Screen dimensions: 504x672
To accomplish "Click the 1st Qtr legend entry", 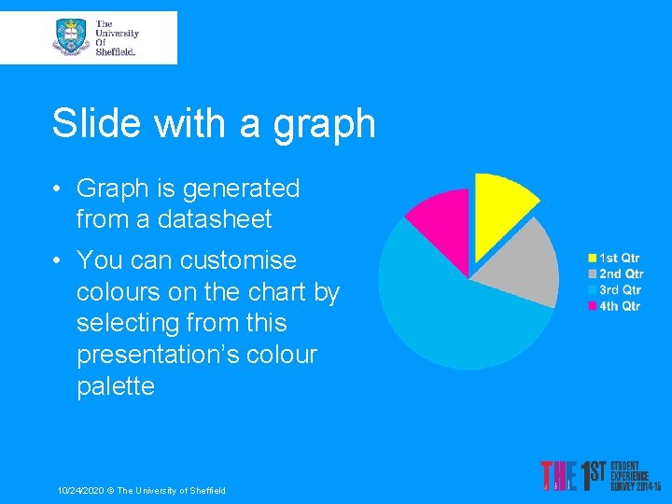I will click(613, 258).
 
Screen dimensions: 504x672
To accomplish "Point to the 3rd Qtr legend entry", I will click(614, 289).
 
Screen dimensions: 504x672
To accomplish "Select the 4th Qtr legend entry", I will click(614, 305).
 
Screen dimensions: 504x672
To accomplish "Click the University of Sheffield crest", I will click(71, 36).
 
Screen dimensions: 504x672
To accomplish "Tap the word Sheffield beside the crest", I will click(116, 52).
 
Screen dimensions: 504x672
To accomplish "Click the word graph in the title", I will click(324, 123).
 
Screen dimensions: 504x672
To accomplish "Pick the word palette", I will click(115, 385).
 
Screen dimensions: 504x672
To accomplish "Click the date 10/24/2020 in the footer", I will click(79, 490).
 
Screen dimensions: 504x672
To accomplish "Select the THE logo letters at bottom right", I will click(558, 476).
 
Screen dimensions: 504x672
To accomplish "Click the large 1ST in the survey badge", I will click(595, 476).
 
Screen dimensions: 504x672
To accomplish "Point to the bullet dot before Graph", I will click(58, 189).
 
